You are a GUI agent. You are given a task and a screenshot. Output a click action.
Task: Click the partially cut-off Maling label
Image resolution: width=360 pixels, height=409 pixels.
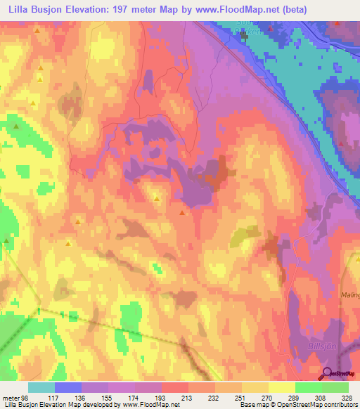point(350,295)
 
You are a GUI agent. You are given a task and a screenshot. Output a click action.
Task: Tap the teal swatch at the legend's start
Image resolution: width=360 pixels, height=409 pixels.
point(41,387)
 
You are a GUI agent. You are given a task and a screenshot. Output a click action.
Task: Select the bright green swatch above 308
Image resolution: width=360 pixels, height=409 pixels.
point(308,387)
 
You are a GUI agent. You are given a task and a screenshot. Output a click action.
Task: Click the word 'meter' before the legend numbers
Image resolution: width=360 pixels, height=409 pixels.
point(11,398)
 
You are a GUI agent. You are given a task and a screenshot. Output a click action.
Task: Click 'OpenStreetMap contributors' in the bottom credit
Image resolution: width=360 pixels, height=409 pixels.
point(317,405)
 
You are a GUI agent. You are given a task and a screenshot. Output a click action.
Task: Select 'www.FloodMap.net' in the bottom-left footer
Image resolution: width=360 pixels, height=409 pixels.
point(150,405)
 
